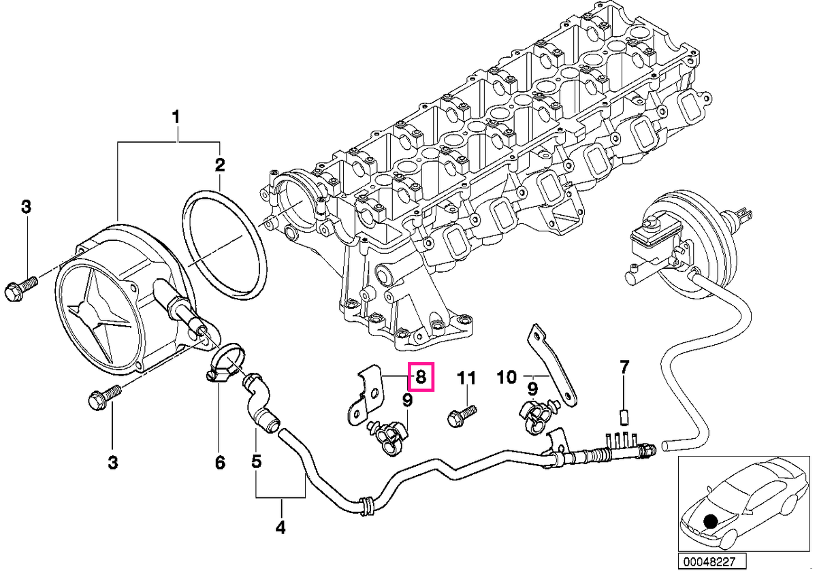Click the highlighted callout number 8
(421, 377)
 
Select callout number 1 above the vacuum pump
(176, 118)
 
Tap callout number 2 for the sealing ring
(219, 165)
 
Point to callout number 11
(466, 378)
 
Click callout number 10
(507, 377)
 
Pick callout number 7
(624, 367)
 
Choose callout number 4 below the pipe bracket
(280, 527)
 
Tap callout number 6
(220, 463)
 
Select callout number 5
(257, 461)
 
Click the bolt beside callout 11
(462, 416)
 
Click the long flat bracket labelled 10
(552, 365)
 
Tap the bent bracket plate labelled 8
(365, 395)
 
